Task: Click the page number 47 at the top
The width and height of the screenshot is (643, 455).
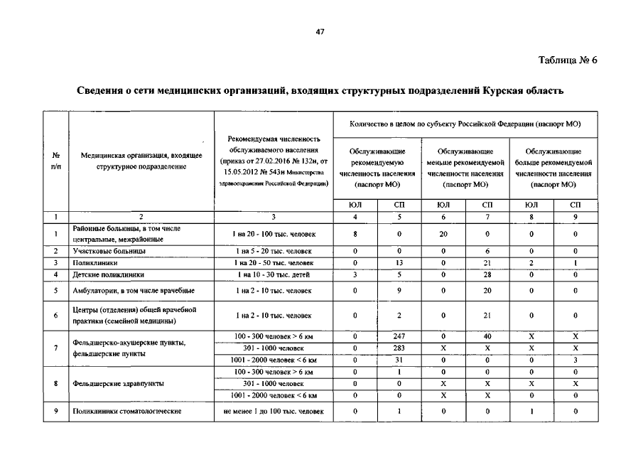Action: (x=320, y=32)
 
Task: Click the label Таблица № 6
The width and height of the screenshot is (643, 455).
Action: (x=568, y=60)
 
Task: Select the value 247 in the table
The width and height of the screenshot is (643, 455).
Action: (x=399, y=336)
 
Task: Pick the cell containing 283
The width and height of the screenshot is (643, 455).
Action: (x=399, y=348)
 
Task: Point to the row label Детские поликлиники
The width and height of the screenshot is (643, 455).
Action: (x=108, y=274)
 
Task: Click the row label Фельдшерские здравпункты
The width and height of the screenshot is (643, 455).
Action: (x=118, y=383)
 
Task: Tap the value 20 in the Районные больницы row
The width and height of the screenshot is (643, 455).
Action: (x=443, y=233)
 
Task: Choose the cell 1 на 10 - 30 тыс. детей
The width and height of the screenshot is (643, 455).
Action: (x=274, y=274)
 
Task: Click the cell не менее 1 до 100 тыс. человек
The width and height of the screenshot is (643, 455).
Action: (x=274, y=411)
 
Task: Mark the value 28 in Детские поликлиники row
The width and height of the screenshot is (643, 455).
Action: (x=487, y=274)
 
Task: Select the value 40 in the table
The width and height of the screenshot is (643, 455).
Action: (x=487, y=336)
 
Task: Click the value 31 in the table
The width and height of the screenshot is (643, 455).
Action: (x=399, y=360)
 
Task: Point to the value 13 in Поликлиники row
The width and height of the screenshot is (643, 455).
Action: (x=399, y=262)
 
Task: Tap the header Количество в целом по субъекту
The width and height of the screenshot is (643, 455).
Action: (x=465, y=124)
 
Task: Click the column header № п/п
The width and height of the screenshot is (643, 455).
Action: (x=55, y=160)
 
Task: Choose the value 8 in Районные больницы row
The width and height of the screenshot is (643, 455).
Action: (x=355, y=233)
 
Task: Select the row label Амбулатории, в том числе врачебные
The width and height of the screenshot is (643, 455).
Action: (x=133, y=290)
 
